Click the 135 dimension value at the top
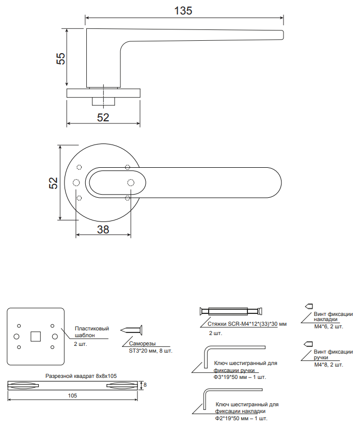183,11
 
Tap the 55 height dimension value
61,58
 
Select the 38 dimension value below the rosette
103,229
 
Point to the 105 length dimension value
72,395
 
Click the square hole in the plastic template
36,337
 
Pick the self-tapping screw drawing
131,330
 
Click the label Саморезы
143,344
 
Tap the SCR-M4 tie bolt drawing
231,311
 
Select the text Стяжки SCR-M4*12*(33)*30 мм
247,324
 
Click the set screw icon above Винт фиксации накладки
309,306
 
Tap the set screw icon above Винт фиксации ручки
308,344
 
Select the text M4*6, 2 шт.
328,327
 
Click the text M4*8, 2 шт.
328,364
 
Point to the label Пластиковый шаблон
92,332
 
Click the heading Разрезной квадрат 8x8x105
81,376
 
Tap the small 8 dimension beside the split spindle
145,385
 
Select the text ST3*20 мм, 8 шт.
151,351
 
